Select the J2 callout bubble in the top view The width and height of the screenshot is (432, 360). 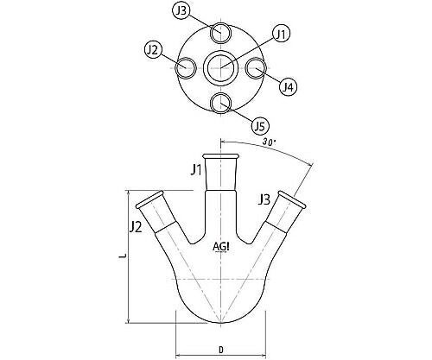point(154,50)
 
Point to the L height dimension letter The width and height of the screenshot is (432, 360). point(124,256)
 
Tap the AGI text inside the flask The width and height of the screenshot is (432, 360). point(221,249)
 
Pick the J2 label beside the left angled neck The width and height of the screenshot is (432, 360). point(135,227)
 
